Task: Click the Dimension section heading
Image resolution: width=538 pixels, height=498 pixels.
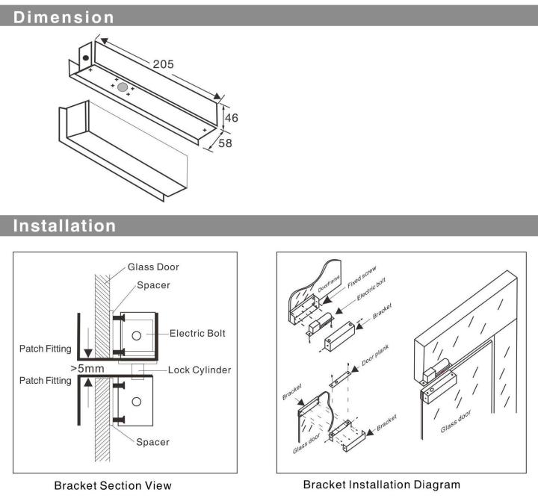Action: tap(64, 16)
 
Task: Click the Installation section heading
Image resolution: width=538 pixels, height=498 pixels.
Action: tap(65, 225)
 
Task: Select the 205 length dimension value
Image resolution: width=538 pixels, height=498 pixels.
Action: tap(164, 64)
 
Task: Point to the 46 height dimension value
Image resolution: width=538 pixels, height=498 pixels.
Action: tap(232, 118)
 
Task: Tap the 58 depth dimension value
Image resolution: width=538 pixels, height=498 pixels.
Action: tap(225, 143)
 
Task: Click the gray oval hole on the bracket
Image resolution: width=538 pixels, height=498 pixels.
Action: tap(122, 87)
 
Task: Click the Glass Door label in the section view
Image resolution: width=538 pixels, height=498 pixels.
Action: tap(153, 267)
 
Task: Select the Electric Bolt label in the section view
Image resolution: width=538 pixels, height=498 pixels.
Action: tap(197, 334)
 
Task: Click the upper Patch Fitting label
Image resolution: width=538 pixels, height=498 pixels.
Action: tap(46, 349)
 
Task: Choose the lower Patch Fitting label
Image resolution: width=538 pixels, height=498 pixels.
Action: tap(46, 381)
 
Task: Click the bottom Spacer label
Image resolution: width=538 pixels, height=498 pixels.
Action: tap(152, 442)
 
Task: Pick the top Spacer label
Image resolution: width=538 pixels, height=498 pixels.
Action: tap(152, 284)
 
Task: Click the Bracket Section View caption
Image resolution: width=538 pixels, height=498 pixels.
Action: tap(113, 485)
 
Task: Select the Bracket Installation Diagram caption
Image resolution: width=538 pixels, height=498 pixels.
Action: tap(381, 485)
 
